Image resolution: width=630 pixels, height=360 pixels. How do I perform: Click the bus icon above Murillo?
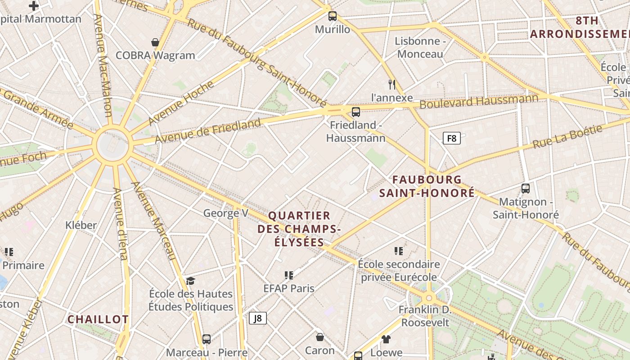333,16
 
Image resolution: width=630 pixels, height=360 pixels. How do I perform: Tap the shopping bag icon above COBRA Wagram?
155,42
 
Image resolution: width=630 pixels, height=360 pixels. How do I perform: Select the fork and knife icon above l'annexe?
392,84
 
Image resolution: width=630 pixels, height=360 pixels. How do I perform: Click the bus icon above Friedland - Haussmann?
356,112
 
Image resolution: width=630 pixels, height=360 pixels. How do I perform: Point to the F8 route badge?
452,138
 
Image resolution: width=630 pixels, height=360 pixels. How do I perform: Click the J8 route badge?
258,318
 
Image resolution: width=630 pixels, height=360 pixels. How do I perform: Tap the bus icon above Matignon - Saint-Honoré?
525,189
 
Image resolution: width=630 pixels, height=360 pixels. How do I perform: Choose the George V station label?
225,213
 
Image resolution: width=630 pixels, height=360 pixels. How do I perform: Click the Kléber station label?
81,225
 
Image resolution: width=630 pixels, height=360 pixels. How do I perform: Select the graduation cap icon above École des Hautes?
191,281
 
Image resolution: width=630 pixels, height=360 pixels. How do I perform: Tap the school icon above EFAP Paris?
289,275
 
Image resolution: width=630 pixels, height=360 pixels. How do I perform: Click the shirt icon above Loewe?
386,339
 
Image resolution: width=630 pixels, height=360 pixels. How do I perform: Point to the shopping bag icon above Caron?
320,337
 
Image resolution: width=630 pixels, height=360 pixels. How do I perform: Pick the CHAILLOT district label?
98,319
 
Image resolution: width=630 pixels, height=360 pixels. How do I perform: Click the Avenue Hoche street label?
180,103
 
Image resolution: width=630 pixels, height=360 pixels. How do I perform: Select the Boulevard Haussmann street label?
479,101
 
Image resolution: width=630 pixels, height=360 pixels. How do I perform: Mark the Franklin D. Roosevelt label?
425,316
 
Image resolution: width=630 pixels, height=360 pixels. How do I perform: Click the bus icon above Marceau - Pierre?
207,339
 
